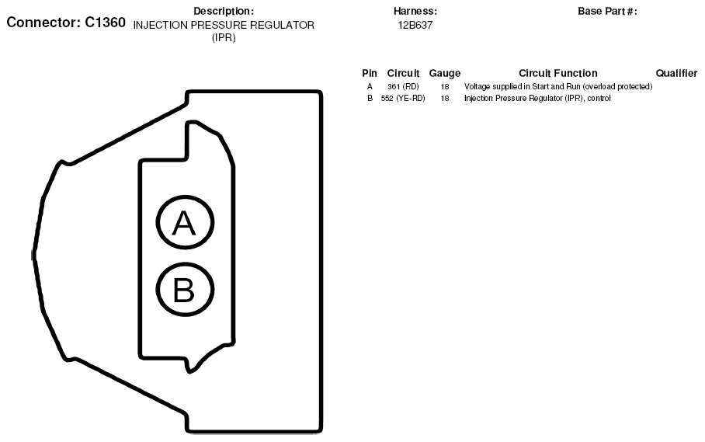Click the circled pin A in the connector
tap(185, 222)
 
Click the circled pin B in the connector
tap(185, 289)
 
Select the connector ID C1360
tap(106, 22)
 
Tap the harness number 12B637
tap(415, 25)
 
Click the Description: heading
tap(224, 11)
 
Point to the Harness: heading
tap(415, 11)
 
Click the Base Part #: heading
tap(607, 11)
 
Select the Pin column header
tap(370, 73)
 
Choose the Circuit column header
tap(403, 73)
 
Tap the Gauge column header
tap(445, 73)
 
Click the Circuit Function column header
tap(558, 73)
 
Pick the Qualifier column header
tap(677, 73)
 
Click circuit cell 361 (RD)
tap(403, 86)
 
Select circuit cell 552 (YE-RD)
tap(403, 98)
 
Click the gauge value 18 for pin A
tap(445, 86)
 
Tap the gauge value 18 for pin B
tap(445, 98)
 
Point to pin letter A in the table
tap(370, 86)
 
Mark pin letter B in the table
tap(370, 98)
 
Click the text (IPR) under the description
tap(224, 38)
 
